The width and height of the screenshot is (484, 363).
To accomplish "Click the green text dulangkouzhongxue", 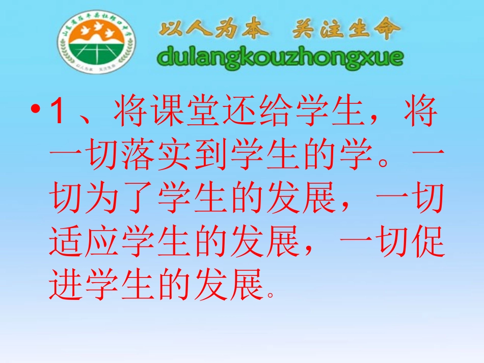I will (x=280, y=58).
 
